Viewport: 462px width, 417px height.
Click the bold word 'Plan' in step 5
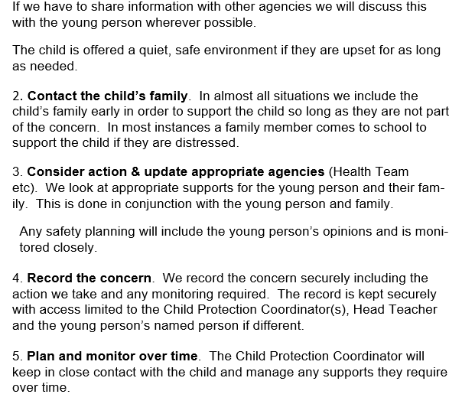(x=41, y=357)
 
